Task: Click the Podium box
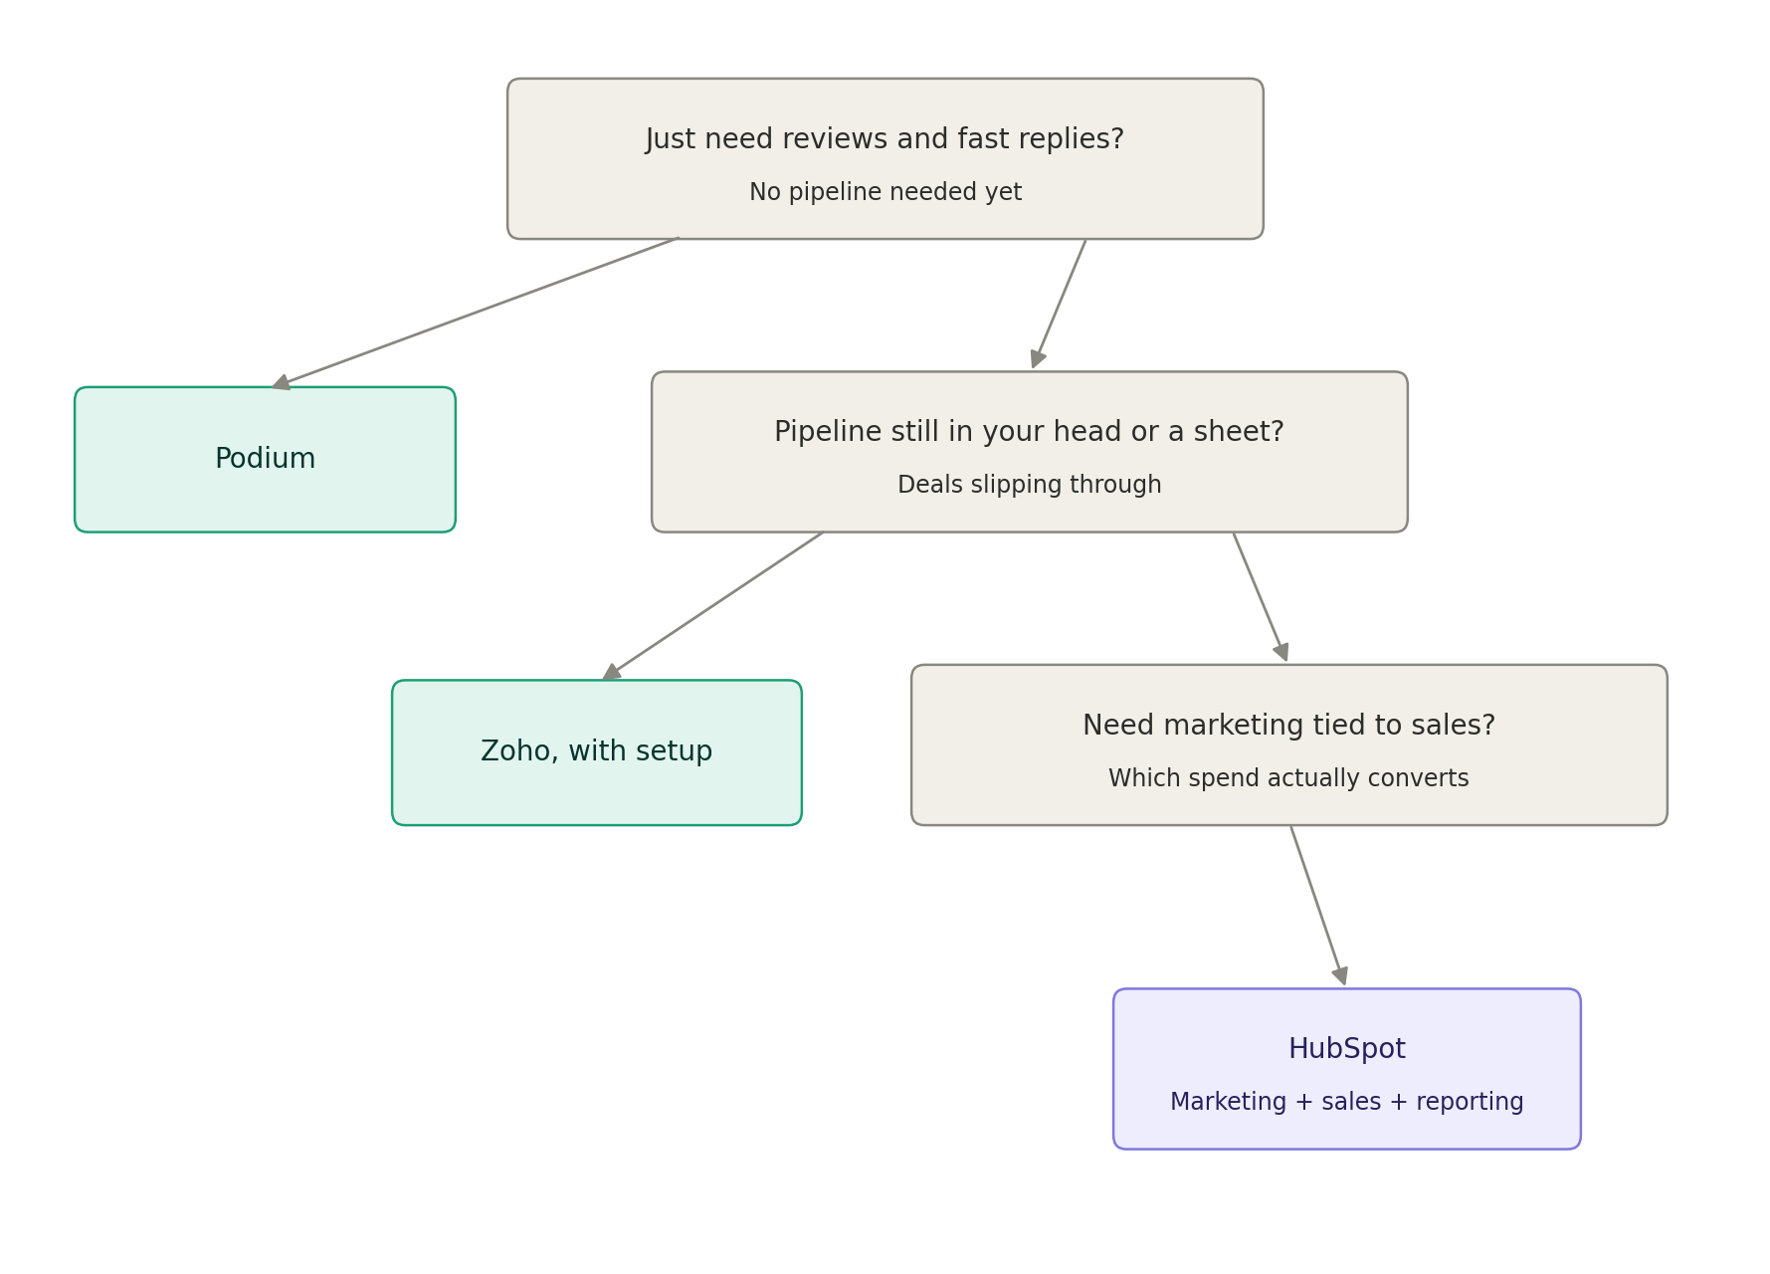(265, 460)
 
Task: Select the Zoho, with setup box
(597, 752)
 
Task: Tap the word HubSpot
(1346, 1049)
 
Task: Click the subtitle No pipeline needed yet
(885, 192)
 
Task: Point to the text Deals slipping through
(1030, 485)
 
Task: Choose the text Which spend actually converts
(1288, 778)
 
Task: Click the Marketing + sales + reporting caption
(1346, 1102)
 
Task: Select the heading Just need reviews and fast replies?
(885, 139)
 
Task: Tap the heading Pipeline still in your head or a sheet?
(1029, 432)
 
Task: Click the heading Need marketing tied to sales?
(1288, 726)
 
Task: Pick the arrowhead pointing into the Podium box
(282, 383)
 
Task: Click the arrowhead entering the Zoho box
(612, 673)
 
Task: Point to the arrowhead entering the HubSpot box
(1340, 976)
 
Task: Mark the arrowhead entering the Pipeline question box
(1038, 359)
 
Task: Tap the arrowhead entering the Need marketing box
(1281, 652)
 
